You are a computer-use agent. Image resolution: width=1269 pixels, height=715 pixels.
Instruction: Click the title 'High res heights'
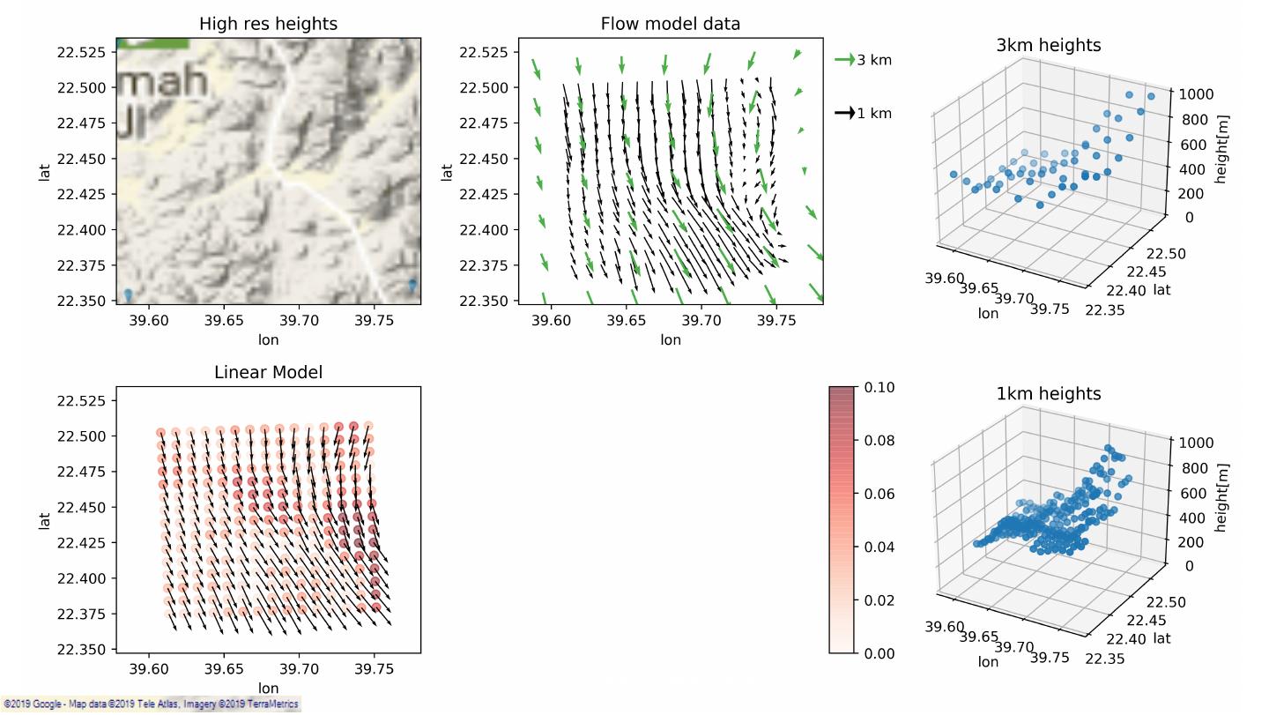pyautogui.click(x=268, y=24)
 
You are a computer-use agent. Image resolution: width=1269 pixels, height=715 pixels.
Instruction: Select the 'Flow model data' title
pyautogui.click(x=670, y=24)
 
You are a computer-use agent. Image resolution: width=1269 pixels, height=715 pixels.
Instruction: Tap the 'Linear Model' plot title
pyautogui.click(x=268, y=372)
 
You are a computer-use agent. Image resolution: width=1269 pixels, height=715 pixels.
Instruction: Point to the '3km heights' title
pyautogui.click(x=1048, y=45)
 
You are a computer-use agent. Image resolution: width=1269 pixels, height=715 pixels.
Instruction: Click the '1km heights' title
pyautogui.click(x=1048, y=393)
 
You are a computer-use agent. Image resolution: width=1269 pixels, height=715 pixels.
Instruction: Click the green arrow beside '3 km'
pyautogui.click(x=844, y=60)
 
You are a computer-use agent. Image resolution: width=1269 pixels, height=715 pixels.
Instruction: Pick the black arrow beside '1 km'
pyautogui.click(x=844, y=113)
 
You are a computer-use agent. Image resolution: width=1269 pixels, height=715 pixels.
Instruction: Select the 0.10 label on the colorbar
pyautogui.click(x=880, y=387)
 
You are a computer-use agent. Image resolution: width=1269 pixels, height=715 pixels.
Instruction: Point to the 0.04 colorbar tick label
pyautogui.click(x=880, y=547)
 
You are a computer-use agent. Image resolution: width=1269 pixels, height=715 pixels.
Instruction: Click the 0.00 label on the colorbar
pyautogui.click(x=880, y=653)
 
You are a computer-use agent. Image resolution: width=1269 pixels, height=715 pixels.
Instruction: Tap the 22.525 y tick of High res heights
pyautogui.click(x=81, y=52)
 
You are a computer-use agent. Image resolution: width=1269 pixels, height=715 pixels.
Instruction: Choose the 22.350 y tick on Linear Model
pyautogui.click(x=81, y=650)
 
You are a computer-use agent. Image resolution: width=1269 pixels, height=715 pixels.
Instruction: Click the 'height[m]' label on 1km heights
pyautogui.click(x=1221, y=497)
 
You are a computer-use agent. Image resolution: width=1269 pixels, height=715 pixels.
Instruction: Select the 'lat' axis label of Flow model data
pyautogui.click(x=448, y=172)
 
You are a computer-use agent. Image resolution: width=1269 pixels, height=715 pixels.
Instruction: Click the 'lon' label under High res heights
pyautogui.click(x=268, y=339)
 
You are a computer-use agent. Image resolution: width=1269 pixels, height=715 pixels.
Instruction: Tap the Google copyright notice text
pyautogui.click(x=150, y=704)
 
